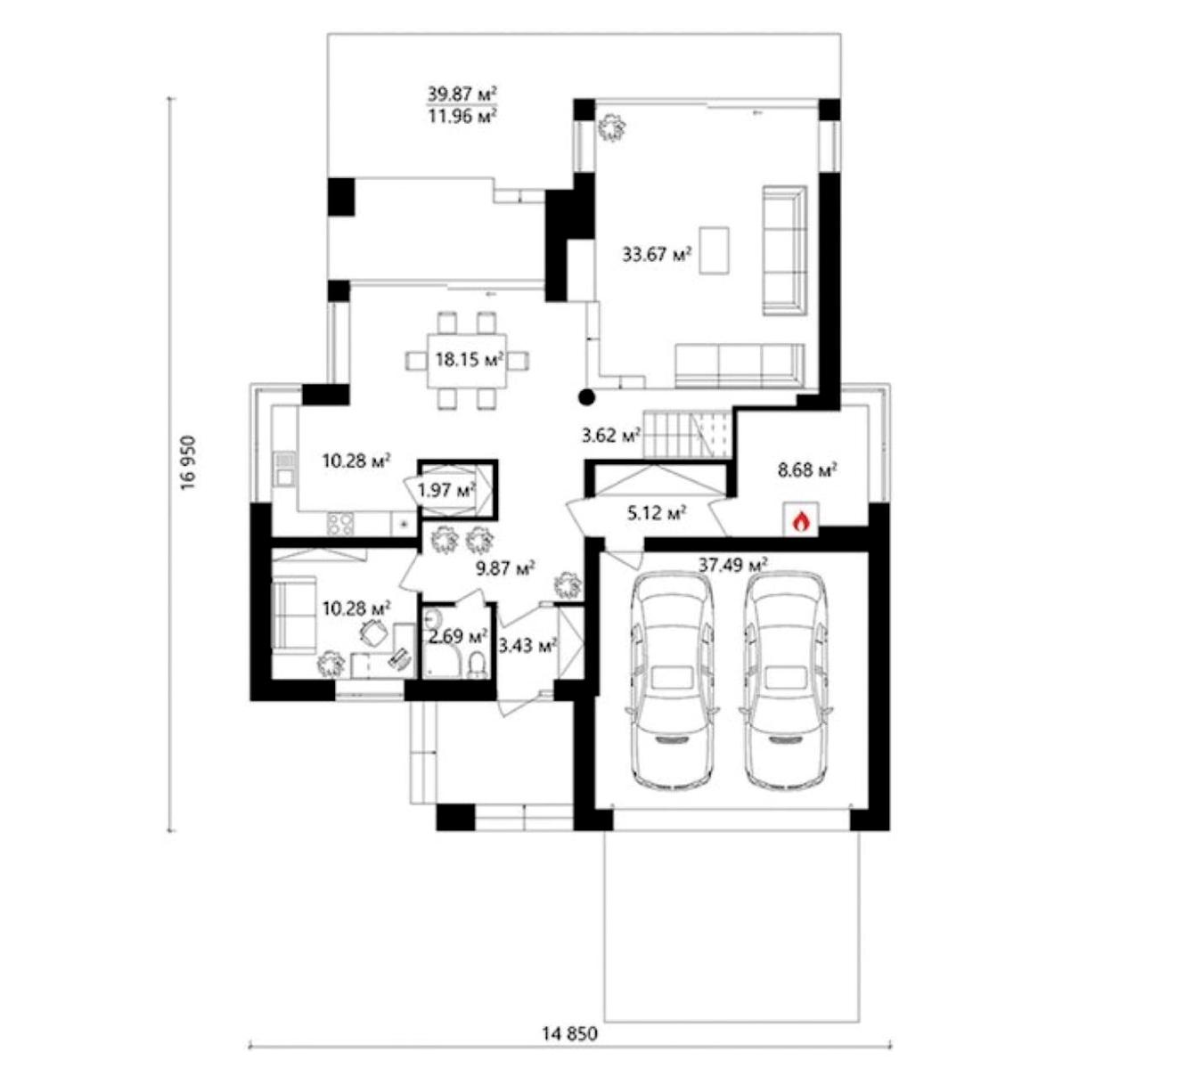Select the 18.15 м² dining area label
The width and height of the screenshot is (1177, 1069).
coord(470,358)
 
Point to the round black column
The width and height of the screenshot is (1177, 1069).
coord(586,397)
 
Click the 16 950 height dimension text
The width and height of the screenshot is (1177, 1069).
coord(188,463)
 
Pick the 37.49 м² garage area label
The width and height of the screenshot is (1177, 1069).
coord(733,565)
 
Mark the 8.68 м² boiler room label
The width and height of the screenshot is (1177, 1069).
coord(807,470)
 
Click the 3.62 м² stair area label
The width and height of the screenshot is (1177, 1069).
coord(611,436)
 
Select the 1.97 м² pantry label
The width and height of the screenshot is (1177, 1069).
coord(446,489)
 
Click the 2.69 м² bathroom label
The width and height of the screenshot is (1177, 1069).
coord(458,636)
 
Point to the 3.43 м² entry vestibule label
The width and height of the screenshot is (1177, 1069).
coord(527,646)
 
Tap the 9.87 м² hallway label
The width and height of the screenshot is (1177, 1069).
coord(505,568)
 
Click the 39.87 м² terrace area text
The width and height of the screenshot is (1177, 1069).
coord(463,94)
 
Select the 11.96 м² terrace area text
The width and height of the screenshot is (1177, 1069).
coord(463,116)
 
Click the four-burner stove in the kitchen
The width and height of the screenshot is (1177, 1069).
coord(340,524)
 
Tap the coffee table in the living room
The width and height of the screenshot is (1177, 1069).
coord(714,250)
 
